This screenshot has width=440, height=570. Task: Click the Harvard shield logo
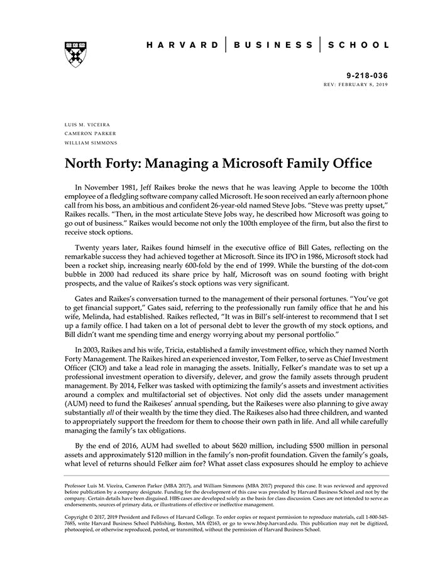75,54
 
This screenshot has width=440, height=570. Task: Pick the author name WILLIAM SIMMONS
91,142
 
